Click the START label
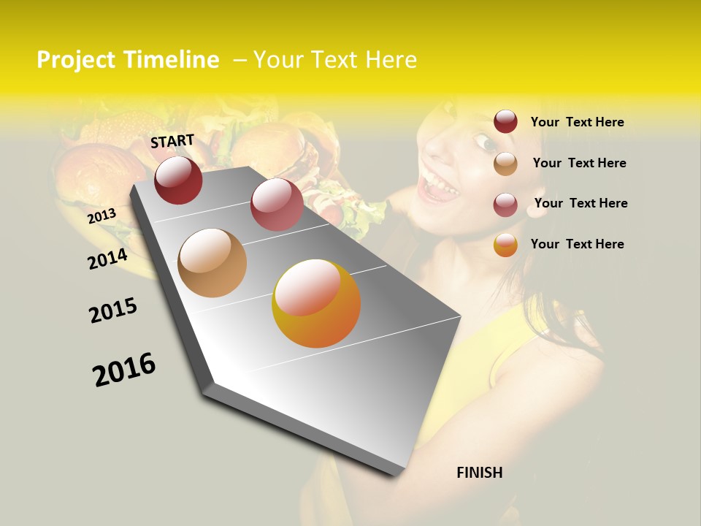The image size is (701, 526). (172, 141)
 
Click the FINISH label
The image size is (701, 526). (479, 473)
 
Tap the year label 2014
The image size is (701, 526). (107, 259)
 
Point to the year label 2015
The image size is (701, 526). (113, 310)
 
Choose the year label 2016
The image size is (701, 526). (124, 369)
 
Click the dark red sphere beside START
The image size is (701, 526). (178, 180)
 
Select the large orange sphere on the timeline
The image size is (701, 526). (316, 303)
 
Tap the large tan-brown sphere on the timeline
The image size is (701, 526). (212, 263)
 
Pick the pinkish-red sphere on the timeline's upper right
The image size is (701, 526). (277, 205)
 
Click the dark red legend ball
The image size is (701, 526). (505, 122)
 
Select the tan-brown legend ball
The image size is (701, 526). (505, 164)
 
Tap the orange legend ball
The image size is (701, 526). (505, 245)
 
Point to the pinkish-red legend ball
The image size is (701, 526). (505, 204)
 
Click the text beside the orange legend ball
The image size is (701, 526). (577, 244)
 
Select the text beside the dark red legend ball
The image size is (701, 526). (577, 122)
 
